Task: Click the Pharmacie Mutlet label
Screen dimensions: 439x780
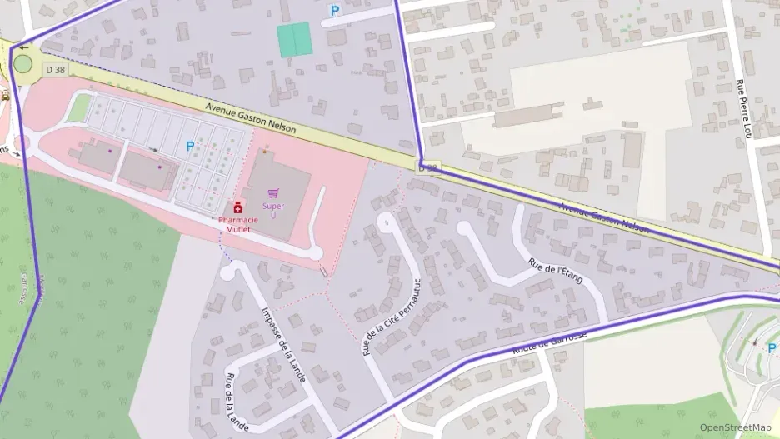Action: coord(238,224)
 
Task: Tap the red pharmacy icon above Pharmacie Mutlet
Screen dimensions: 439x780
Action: coord(238,206)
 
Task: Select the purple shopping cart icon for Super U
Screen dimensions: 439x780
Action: coord(272,193)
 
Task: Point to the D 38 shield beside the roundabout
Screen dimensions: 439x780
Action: coord(55,70)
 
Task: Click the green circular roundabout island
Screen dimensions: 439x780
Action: coord(23,63)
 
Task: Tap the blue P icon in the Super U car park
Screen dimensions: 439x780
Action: coord(190,146)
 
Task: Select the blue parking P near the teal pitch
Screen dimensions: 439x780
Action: coord(335,11)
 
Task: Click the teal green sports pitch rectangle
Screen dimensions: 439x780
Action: coord(294,39)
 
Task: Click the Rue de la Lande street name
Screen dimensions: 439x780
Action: coord(236,402)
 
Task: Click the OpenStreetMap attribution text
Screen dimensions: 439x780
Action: coord(735,427)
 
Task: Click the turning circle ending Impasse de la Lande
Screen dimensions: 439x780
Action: coord(232,271)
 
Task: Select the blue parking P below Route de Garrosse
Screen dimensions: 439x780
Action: coord(771,348)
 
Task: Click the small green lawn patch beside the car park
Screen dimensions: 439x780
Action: coord(80,107)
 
